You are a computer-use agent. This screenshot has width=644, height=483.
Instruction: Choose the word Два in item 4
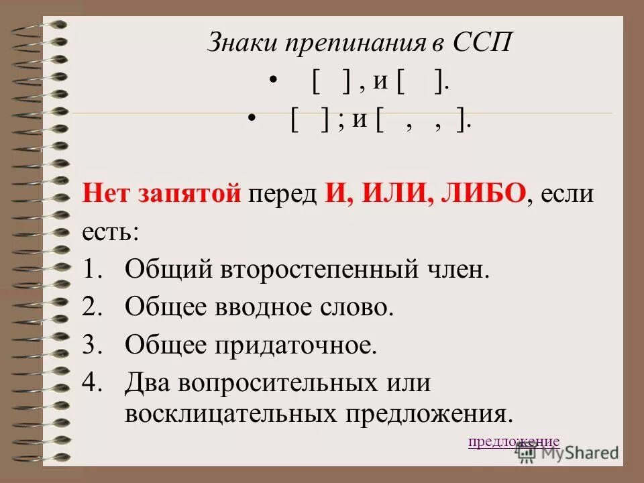[x=146, y=383]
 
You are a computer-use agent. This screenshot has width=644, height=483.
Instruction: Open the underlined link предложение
[x=513, y=441]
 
